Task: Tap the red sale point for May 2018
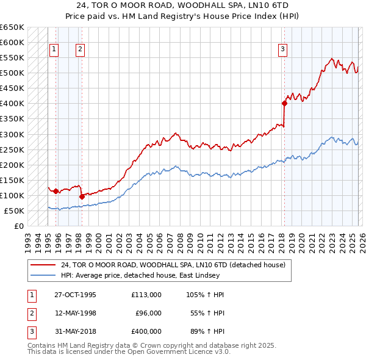(x=284, y=103)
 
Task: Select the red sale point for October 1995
(x=56, y=191)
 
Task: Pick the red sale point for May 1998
(x=82, y=196)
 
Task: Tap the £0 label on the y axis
(x=18, y=226)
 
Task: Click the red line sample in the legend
(x=44, y=265)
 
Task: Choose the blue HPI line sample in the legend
(x=44, y=275)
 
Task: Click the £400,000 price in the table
(x=146, y=331)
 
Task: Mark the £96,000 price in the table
(x=148, y=313)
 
